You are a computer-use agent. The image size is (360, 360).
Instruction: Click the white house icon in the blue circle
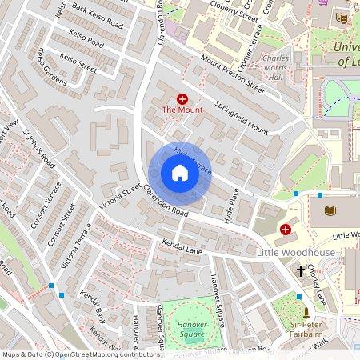point(180,173)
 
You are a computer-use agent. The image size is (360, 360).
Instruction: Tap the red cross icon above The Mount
point(182,98)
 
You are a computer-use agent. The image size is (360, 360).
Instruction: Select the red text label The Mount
point(182,110)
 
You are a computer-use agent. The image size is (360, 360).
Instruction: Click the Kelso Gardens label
point(51,66)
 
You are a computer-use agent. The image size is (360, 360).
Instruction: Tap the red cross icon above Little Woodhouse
point(286,230)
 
